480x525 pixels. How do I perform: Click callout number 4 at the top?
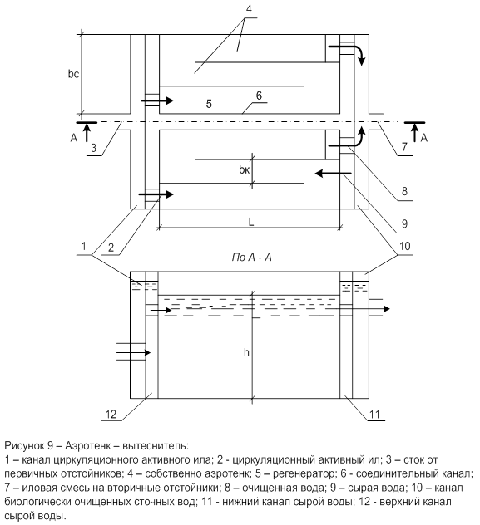point(249,9)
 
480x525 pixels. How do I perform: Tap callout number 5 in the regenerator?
point(209,104)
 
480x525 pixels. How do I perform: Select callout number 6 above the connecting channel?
point(259,96)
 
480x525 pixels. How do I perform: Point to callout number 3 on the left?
point(93,148)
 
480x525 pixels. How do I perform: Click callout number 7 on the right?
point(404,147)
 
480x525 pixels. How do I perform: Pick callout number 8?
point(404,191)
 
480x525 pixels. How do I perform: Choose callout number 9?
point(404,223)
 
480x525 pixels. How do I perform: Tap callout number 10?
point(404,246)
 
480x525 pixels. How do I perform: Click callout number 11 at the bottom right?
point(374,415)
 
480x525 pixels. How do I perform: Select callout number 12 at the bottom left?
point(111,415)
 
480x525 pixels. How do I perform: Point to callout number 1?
point(84,247)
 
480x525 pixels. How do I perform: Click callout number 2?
point(111,248)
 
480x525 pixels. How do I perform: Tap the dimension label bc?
point(73,74)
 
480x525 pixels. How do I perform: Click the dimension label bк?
point(245,170)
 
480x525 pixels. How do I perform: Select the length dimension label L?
point(251,222)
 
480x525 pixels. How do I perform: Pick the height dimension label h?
point(246,352)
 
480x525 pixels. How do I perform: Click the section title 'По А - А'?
point(251,258)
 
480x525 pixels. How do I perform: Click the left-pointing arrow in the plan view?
point(333,174)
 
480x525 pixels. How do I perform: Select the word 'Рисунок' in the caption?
point(24,446)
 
